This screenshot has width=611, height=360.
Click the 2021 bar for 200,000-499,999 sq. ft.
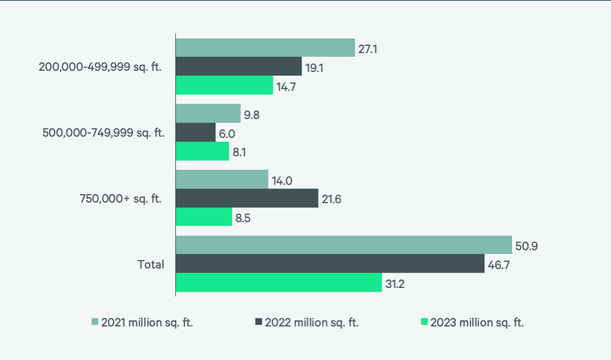(x=265, y=48)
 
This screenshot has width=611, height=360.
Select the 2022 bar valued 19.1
(x=239, y=67)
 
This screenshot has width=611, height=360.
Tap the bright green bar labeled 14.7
(x=224, y=85)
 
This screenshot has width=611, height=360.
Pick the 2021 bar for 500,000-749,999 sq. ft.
(x=208, y=113)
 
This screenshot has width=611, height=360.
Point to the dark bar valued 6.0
(x=195, y=132)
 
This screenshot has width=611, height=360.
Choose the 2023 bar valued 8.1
(x=202, y=151)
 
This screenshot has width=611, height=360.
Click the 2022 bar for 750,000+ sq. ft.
(x=247, y=198)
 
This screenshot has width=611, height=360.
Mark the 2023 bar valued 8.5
(x=204, y=217)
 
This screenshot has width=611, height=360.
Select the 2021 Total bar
(x=344, y=245)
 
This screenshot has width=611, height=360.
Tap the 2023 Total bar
(x=278, y=283)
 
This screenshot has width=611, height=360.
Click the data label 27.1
(x=367, y=48)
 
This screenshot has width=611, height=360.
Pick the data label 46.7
(x=498, y=264)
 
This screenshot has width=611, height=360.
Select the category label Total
(x=151, y=264)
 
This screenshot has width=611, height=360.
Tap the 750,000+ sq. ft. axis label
(x=121, y=198)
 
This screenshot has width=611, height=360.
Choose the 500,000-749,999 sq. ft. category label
(x=103, y=132)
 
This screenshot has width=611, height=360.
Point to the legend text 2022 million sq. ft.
(x=311, y=323)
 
